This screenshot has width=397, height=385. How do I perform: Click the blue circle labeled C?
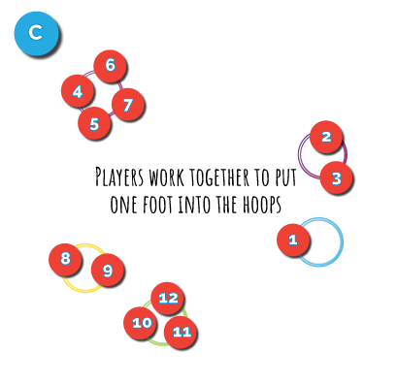tap(36, 33)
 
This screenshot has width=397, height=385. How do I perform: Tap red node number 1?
tap(293, 240)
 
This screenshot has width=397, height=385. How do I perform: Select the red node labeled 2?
tap(326, 137)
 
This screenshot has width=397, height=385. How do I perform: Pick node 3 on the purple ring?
tap(336, 177)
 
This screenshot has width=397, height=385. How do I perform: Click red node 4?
tap(77, 91)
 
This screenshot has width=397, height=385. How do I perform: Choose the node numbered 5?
tap(94, 123)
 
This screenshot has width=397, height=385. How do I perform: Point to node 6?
tap(110, 66)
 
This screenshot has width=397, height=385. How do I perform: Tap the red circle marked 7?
tap(127, 104)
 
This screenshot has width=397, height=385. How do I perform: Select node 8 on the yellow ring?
tap(65, 259)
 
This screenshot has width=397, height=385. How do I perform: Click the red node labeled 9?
tap(107, 270)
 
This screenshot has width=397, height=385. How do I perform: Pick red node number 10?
tap(141, 322)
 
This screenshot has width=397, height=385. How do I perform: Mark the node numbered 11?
tap(180, 332)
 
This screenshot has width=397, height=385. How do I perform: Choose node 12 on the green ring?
tap(167, 298)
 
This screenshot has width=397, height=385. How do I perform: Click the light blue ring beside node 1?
tap(342, 242)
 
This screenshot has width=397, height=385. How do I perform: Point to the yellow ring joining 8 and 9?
tap(84, 290)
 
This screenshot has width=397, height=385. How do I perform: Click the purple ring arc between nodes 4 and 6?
tap(90, 73)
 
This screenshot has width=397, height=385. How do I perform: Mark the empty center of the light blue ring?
tap(318, 242)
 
